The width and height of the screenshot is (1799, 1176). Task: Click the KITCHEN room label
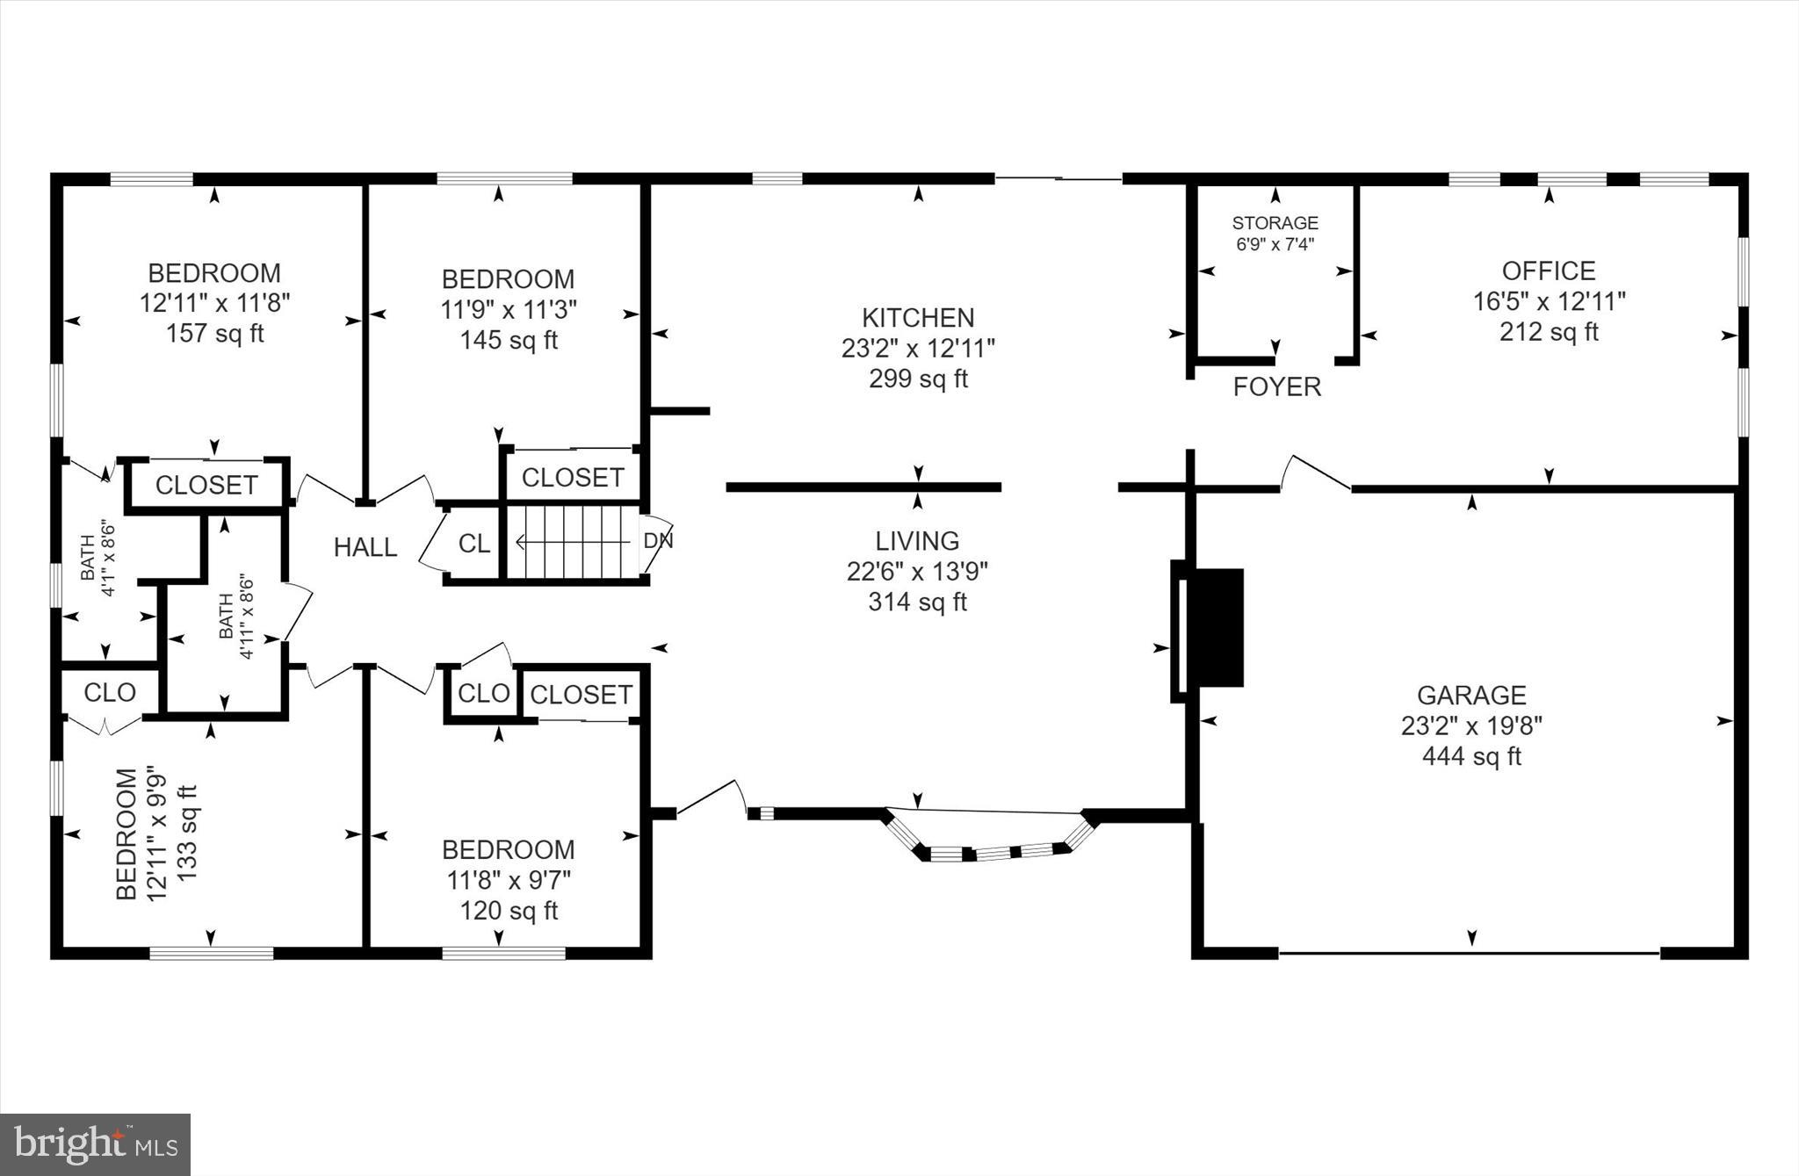coord(918,317)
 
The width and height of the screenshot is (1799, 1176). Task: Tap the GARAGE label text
coord(1471,696)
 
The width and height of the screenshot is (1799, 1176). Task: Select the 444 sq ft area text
coord(1471,756)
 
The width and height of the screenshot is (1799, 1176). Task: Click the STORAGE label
coord(1275,223)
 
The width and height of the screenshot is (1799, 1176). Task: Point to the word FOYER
coord(1276,387)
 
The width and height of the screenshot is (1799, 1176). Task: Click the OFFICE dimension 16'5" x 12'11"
coord(1549,301)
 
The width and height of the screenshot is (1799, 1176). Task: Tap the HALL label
coord(365,548)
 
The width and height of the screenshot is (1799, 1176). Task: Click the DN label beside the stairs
coord(658,541)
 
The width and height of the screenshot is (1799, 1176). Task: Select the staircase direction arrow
coord(571,543)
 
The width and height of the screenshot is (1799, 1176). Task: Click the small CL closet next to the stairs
coord(474,544)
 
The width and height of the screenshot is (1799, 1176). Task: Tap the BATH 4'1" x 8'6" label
coord(98,559)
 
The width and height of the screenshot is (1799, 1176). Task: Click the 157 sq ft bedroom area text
coord(215,334)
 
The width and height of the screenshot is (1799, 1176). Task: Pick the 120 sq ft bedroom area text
coord(509,911)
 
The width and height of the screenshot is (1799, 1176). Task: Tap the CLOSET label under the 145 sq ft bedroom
coord(573,478)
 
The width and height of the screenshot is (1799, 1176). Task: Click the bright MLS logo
coord(95,1144)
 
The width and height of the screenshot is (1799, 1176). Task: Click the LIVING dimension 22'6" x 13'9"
coord(917,572)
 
